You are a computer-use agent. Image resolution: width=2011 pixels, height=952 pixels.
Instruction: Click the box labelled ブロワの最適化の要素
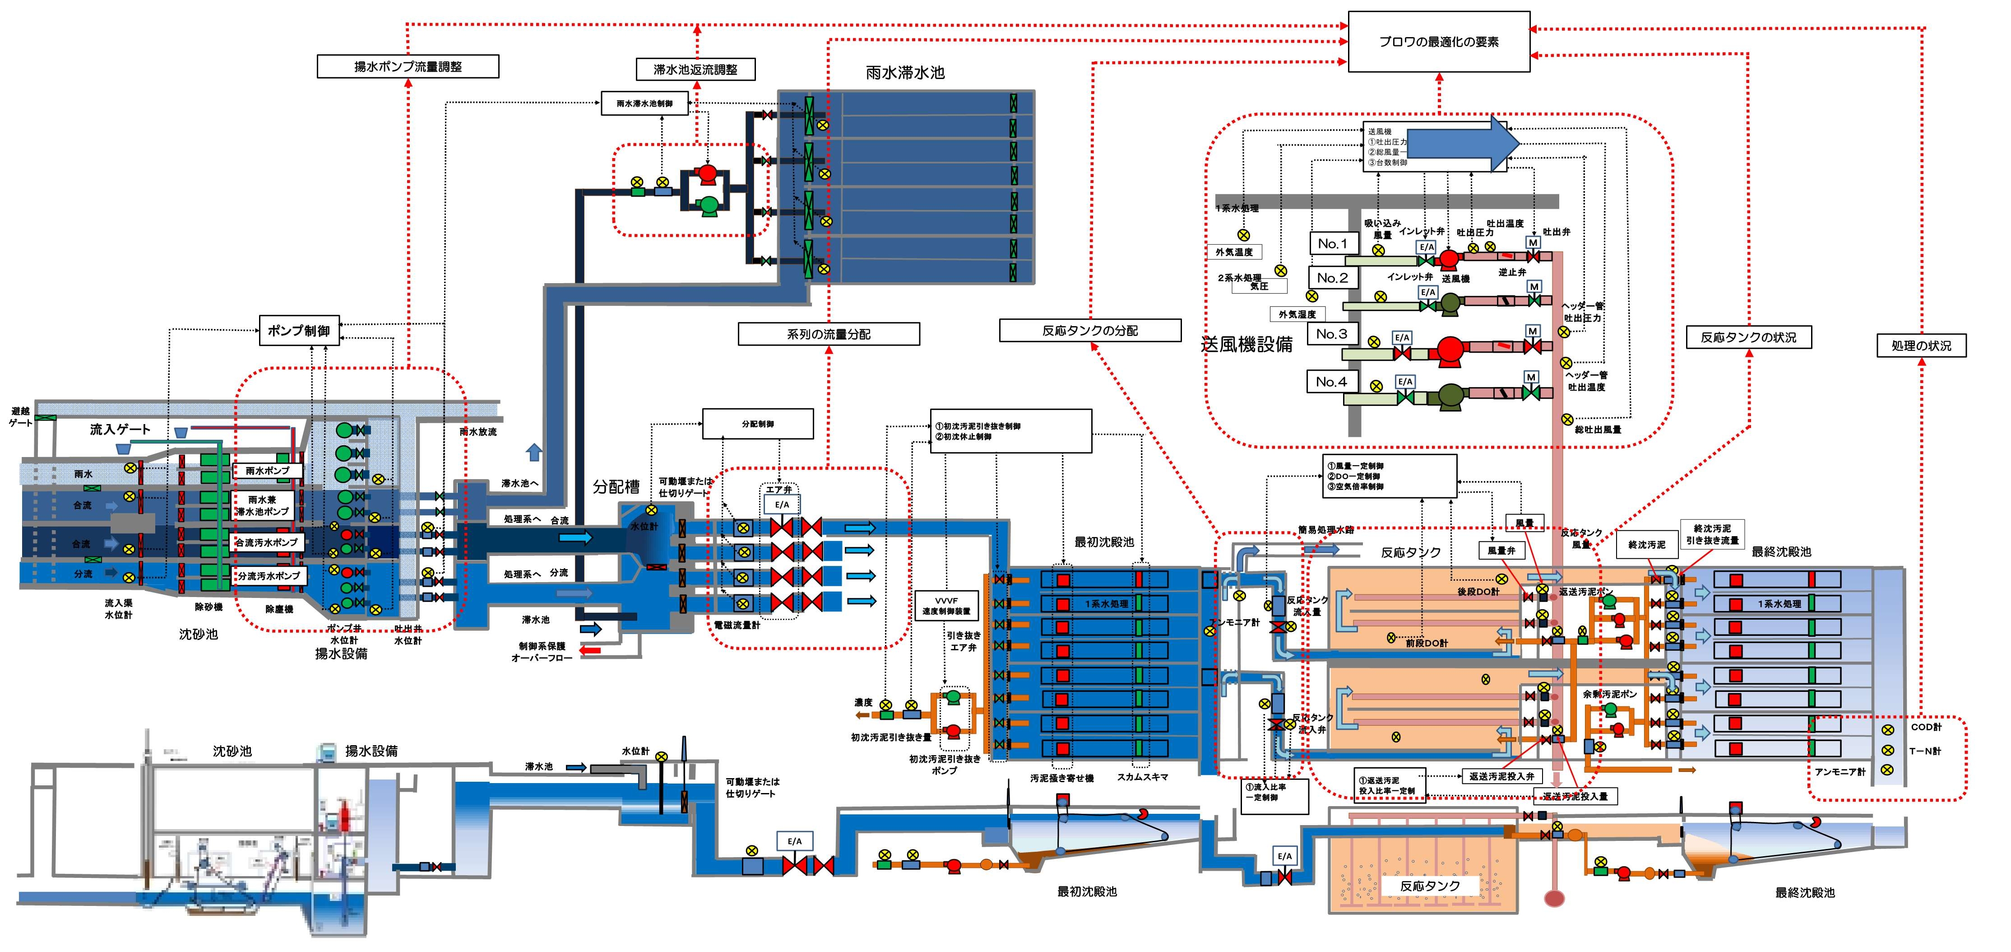[1439, 42]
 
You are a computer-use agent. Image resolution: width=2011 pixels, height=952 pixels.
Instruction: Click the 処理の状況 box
[1921, 345]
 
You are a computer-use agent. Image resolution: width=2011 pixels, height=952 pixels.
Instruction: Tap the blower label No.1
[1333, 244]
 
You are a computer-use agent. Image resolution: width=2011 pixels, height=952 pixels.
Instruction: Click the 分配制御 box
[757, 424]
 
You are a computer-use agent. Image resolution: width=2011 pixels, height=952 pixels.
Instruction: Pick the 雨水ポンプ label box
[267, 471]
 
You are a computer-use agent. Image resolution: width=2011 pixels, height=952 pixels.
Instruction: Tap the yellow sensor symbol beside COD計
[1888, 730]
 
